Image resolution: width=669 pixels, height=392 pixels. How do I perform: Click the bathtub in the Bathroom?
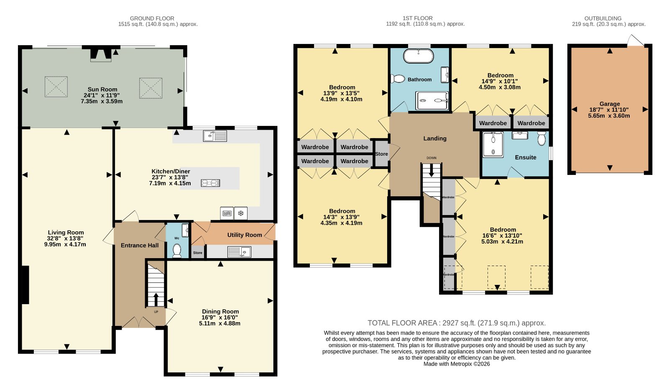419,56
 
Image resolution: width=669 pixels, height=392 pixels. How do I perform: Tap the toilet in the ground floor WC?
177,250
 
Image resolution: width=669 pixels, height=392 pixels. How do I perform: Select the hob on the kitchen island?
211,183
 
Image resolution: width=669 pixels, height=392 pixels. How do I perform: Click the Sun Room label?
102,90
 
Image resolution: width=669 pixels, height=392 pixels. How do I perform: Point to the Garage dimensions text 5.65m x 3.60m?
609,115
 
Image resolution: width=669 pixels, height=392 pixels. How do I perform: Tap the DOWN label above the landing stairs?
431,158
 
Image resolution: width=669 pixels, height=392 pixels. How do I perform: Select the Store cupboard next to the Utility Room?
198,252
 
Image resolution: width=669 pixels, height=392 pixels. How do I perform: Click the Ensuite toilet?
541,138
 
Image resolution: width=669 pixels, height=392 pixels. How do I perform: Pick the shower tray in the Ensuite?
493,145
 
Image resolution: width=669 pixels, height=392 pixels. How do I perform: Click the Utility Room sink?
239,252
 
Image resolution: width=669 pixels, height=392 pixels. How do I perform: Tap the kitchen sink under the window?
215,136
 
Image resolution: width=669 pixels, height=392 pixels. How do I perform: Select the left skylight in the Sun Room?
56,87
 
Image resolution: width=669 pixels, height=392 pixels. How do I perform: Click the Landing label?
435,138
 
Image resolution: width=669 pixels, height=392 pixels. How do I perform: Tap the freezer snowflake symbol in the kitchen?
241,213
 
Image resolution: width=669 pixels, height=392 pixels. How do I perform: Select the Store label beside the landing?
381,154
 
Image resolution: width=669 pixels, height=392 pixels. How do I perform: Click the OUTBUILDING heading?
603,18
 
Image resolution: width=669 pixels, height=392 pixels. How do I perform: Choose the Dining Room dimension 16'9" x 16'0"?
220,318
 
